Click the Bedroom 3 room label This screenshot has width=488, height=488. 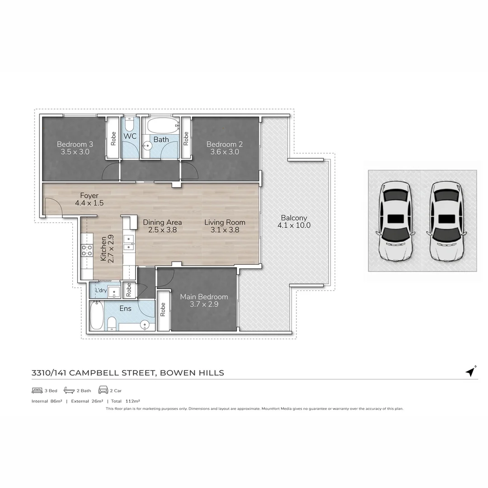(x=75, y=144)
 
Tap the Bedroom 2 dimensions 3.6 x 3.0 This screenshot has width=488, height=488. (x=225, y=152)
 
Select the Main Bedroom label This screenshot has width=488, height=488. (x=204, y=297)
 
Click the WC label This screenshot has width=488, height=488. (x=130, y=136)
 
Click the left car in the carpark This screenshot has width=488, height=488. (x=395, y=221)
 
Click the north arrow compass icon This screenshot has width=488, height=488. (x=471, y=371)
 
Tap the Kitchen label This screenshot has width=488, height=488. (x=103, y=248)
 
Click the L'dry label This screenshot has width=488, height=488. (x=101, y=291)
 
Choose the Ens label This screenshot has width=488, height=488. (x=125, y=309)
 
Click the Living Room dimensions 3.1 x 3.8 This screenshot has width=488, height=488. (x=225, y=230)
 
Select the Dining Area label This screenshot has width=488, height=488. (x=162, y=222)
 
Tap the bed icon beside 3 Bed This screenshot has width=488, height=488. (x=37, y=390)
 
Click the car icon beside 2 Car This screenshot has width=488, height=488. (x=103, y=390)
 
